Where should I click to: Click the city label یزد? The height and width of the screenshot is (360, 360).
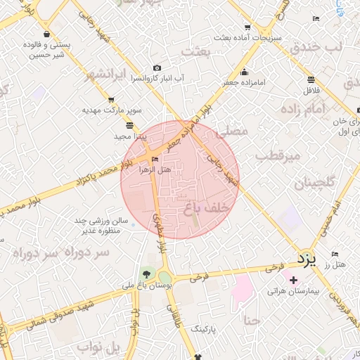[x=307, y=259]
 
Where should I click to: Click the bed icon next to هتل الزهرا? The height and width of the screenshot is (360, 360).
[x=155, y=159]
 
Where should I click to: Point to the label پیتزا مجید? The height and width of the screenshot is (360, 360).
[x=129, y=136]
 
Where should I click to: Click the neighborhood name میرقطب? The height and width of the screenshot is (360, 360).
[x=281, y=155]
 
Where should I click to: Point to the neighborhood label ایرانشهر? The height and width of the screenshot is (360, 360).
[x=108, y=75]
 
